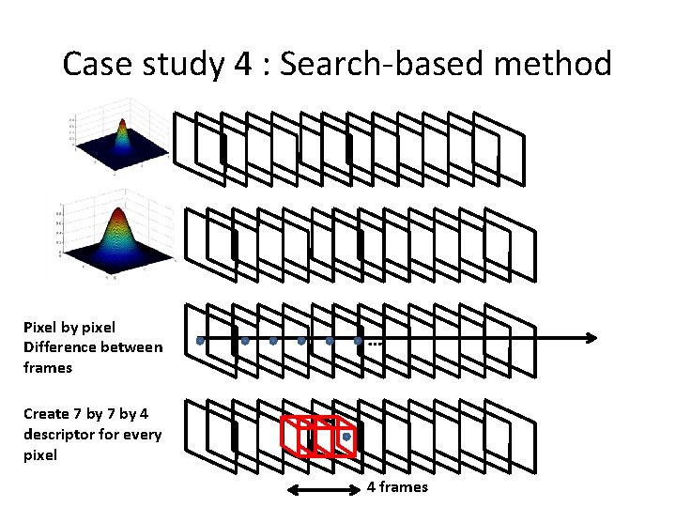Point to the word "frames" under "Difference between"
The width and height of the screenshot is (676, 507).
[x=48, y=367]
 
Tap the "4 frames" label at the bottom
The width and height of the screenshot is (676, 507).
[x=397, y=487]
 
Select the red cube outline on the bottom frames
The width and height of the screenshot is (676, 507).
[x=317, y=435]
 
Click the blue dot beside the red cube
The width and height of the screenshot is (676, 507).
[x=347, y=437]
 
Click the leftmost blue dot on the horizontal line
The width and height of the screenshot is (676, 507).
[x=200, y=341]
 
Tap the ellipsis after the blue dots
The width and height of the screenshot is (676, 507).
[x=376, y=346]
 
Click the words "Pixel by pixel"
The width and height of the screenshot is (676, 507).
[x=69, y=328]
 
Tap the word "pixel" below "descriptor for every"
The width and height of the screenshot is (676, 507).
[x=41, y=454]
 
